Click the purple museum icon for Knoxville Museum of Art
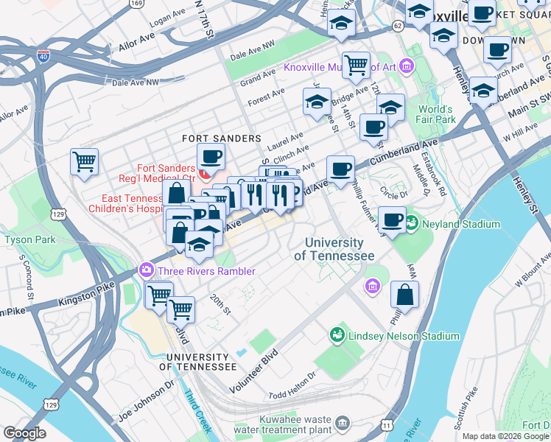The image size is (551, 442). (407, 68)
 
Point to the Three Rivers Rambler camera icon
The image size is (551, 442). (146, 270)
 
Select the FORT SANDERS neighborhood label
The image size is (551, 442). (222, 138)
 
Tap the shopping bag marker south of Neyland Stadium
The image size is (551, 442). (404, 296)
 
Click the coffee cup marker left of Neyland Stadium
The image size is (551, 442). (392, 220)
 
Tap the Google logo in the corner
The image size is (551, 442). (25, 432)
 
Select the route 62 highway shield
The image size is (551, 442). (398, 25)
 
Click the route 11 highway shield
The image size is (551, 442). (387, 425)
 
